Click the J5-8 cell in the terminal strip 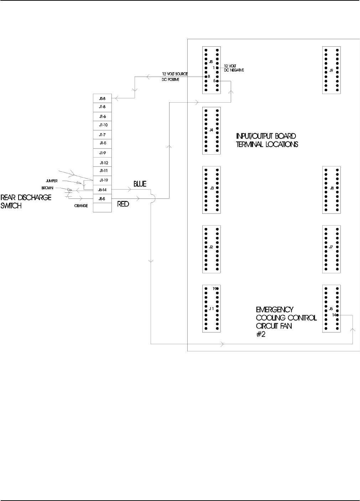[x=102, y=98]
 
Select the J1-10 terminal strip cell [x=102, y=125]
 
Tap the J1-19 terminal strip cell [x=103, y=180]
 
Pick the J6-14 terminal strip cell [x=102, y=190]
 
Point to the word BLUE [x=140, y=184]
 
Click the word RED [x=123, y=204]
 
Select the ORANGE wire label [x=81, y=206]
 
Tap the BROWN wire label [x=48, y=188]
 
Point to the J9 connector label [x=331, y=71]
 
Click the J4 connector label [x=211, y=130]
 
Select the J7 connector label [x=331, y=247]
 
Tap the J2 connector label [x=211, y=247]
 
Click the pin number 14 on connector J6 [x=334, y=315]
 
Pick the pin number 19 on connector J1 [x=215, y=289]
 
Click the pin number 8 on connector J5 [x=209, y=76]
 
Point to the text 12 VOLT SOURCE [x=174, y=74]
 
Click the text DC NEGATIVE [x=234, y=70]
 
